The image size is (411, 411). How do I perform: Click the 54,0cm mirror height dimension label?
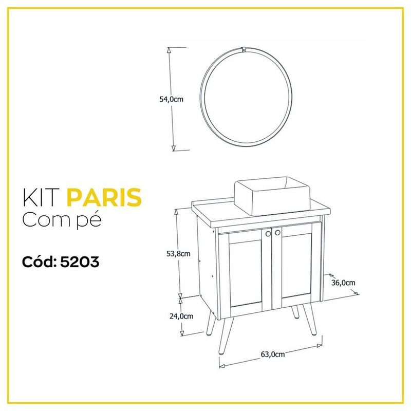tap(172, 99)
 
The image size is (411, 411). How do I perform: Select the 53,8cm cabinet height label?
tap(178, 254)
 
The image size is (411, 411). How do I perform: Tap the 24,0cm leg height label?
tap(181, 316)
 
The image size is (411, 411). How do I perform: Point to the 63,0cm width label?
tap(273, 354)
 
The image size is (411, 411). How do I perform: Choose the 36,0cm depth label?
tap(343, 283)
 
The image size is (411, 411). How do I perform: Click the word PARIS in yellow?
tap(104, 197)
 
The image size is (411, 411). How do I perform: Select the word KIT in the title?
tap(41, 197)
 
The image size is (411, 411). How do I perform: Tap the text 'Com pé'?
tap(62, 220)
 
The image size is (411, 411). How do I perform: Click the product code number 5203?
tap(80, 262)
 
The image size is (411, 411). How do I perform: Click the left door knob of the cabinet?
tap(268, 234)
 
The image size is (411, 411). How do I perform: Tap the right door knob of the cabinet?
tap(277, 233)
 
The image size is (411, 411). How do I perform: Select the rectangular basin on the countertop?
tap(272, 196)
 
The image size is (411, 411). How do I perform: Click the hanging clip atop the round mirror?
tap(244, 49)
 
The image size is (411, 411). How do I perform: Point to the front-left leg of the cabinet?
tap(226, 336)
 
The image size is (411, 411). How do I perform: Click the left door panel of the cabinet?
tap(245, 272)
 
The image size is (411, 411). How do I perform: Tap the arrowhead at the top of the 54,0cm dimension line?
tap(169, 50)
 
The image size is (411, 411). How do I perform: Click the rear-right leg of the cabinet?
tap(295, 312)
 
